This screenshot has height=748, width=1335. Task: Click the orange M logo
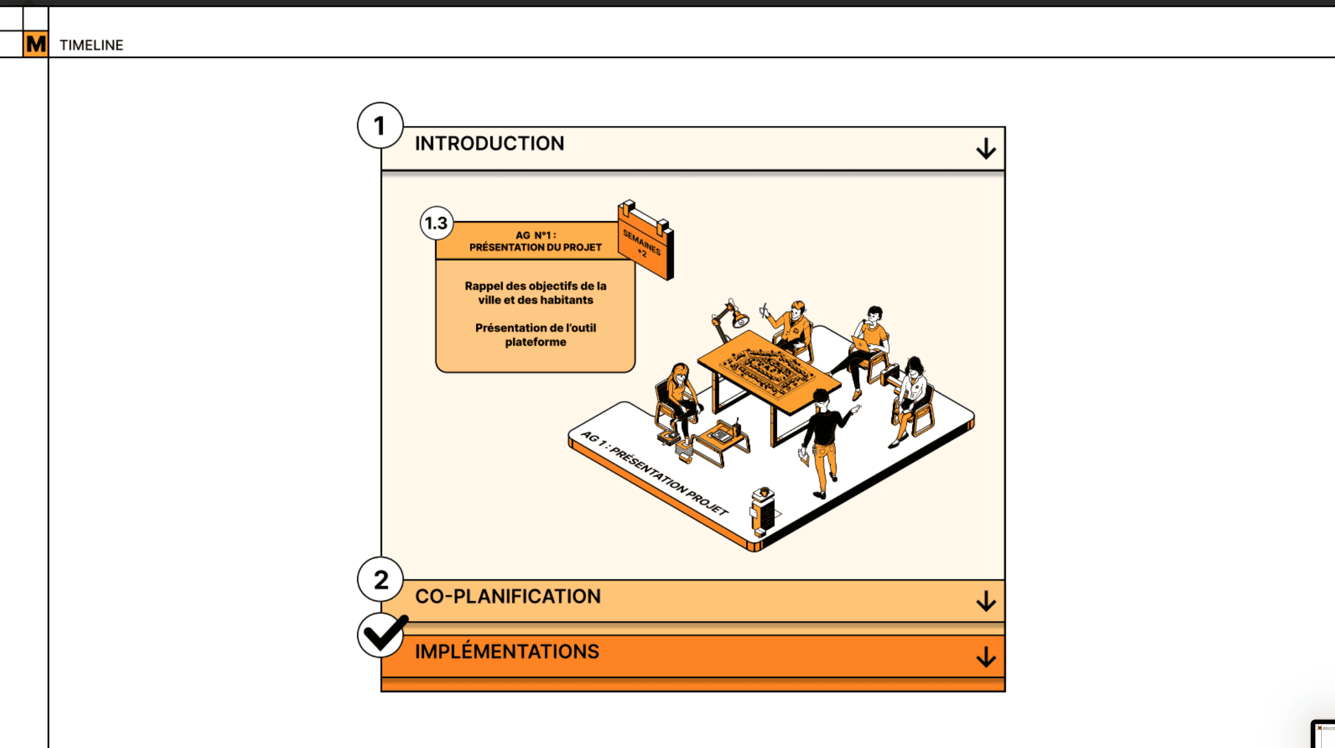click(x=36, y=44)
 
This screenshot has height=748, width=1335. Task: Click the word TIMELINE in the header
click(x=91, y=45)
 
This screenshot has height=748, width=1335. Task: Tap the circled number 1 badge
click(x=380, y=125)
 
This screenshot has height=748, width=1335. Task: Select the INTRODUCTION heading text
click(x=489, y=143)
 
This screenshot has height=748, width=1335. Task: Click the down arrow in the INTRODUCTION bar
click(x=986, y=148)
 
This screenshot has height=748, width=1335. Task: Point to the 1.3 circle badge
click(x=436, y=223)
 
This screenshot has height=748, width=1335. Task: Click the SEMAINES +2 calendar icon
click(x=645, y=240)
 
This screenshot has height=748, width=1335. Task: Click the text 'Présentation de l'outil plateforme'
click(x=535, y=335)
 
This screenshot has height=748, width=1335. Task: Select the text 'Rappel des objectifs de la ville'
click(x=535, y=293)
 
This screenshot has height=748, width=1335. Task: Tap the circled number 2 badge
click(x=380, y=579)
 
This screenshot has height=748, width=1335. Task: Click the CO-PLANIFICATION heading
click(x=508, y=596)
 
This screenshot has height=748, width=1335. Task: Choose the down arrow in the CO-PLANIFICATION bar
click(x=986, y=601)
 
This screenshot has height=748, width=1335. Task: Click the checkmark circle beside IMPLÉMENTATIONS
click(x=381, y=635)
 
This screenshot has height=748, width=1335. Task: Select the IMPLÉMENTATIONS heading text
click(x=507, y=652)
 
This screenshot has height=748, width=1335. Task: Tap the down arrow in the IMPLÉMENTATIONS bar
click(x=986, y=656)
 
